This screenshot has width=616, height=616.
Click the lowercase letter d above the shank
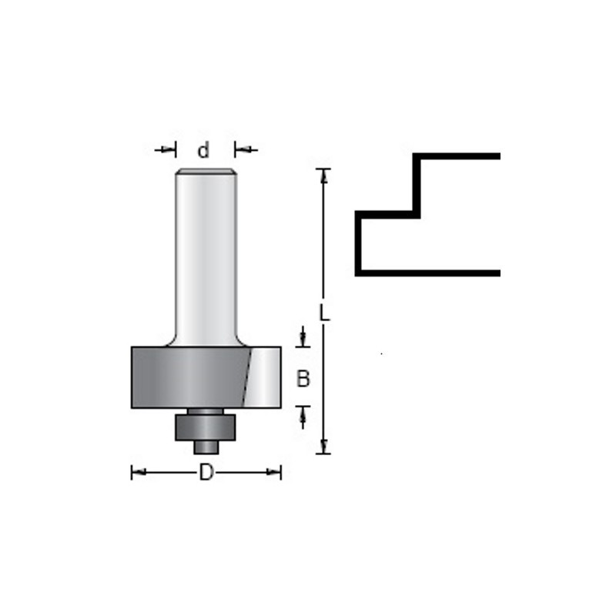point(203,150)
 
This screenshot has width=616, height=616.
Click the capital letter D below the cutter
point(206,472)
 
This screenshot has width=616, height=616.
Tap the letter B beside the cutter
point(303,379)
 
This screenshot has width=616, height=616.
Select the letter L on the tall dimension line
point(324,313)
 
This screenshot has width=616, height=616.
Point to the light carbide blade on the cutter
point(263,377)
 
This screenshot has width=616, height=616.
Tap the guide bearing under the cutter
point(206,427)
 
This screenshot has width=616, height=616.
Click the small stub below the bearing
point(206,447)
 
